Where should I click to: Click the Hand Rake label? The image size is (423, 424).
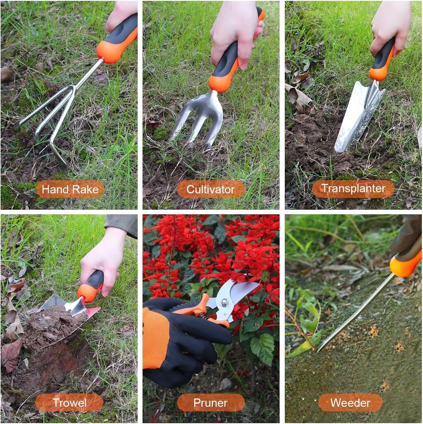coord(70,189)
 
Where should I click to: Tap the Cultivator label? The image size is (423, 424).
coord(211,189)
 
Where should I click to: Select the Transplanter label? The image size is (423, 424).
coord(353,189)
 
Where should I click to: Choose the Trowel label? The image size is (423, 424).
coord(70,403)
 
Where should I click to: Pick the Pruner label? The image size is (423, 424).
coord(211,403)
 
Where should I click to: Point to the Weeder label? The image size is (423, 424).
coord(350,403)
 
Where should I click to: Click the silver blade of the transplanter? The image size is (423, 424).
coord(357,116)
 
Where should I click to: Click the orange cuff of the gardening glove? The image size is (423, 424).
coord(152,338)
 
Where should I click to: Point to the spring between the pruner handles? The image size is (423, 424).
coord(204,315)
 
